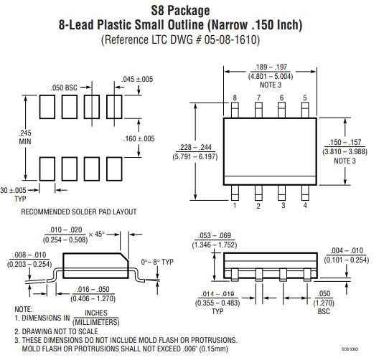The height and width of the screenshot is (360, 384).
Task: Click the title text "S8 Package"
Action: (180, 11)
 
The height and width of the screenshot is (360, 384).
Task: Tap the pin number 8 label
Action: (235, 98)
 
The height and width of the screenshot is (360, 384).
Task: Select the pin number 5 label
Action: (305, 98)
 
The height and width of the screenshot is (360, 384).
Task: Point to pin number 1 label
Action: (235, 205)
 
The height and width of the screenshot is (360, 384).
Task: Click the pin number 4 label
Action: (305, 205)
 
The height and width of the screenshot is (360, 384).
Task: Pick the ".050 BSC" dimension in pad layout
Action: (64, 87)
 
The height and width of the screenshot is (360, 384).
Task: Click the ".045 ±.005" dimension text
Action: (137, 79)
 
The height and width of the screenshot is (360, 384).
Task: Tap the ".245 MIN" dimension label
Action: (25, 137)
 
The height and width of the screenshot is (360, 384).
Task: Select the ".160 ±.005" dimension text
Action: (139, 138)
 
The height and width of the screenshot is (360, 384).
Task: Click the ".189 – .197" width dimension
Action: (271, 67)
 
